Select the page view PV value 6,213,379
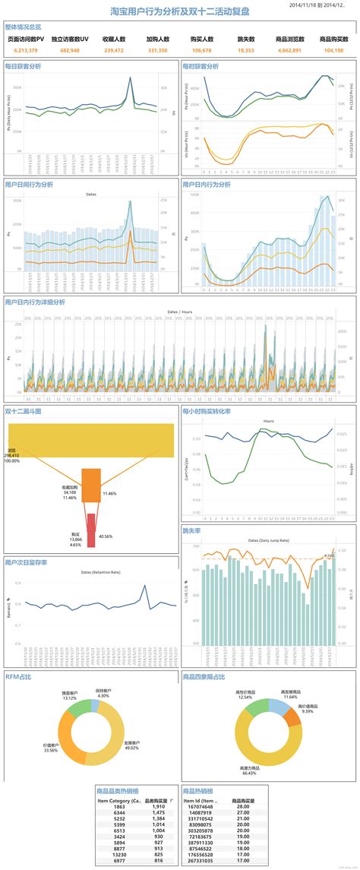click(26, 50)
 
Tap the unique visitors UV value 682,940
click(69, 50)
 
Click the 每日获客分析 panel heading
click(24, 66)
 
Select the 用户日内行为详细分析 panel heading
click(35, 302)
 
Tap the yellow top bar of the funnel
click(90, 440)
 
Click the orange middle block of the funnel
click(91, 486)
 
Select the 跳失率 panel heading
click(191, 531)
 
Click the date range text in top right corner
click(322, 5)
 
